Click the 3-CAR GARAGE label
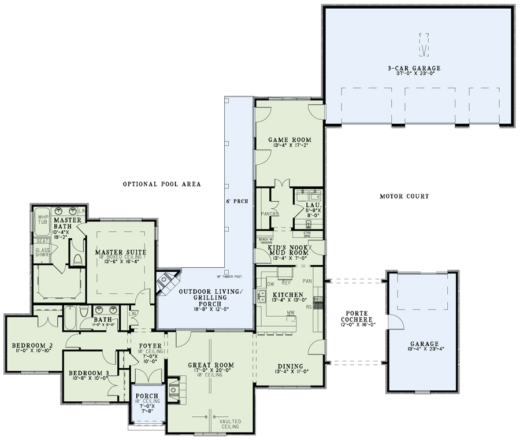coord(418,68)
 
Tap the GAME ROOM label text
coord(290,140)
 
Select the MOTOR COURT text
coord(404,197)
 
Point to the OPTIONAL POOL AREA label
coord(162,184)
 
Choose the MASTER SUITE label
coord(120,252)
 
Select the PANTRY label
coord(270,214)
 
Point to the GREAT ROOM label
coord(211,365)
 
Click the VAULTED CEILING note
coord(230,425)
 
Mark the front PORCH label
coord(146,396)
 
